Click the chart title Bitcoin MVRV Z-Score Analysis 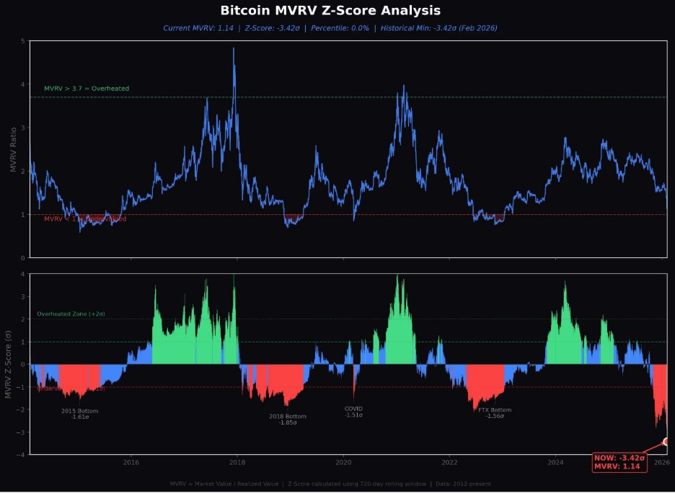tap(330, 11)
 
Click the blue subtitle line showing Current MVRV tap(330, 28)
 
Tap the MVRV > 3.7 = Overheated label tap(87, 89)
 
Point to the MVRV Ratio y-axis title tap(14, 149)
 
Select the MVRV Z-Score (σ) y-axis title tap(9, 364)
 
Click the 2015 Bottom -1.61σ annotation tap(79, 414)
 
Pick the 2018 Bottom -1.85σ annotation tap(287, 419)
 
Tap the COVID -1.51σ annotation tap(353, 411)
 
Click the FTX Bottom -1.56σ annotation tap(494, 413)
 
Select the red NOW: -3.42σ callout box tap(619, 462)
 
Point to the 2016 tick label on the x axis tap(131, 462)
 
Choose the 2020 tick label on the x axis tap(344, 462)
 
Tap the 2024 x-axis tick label tap(556, 462)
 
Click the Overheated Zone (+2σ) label tap(71, 314)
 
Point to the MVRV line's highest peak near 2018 tap(234, 49)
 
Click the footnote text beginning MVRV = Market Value tap(330, 484)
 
